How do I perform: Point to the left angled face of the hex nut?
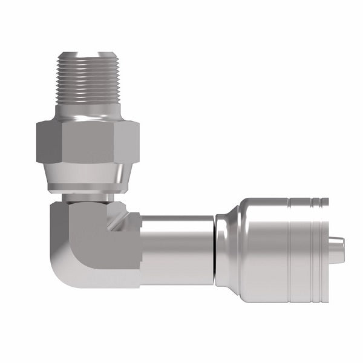45,142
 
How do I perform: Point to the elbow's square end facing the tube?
134,248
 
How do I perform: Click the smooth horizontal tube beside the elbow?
178,248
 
